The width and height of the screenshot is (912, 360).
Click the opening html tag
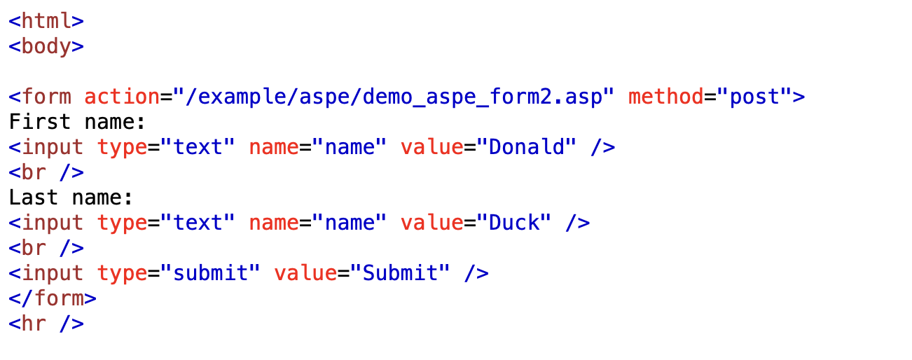[46, 21]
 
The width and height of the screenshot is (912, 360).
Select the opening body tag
[46, 46]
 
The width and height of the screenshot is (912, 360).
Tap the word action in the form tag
[122, 97]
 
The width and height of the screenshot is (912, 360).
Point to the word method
[666, 97]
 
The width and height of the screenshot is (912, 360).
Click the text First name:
[77, 122]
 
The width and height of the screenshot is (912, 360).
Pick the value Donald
[527, 146]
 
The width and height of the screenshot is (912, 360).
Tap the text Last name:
[71, 198]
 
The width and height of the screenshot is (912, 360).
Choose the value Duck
[514, 223]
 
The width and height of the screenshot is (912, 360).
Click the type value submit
[211, 273]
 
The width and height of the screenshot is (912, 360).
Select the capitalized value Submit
[400, 273]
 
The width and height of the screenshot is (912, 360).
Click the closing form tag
[53, 298]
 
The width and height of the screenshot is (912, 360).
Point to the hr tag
[46, 324]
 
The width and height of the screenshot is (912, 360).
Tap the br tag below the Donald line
[46, 173]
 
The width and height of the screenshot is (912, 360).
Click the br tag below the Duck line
[46, 249]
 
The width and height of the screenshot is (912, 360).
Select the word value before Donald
[432, 146]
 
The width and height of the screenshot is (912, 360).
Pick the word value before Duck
[432, 223]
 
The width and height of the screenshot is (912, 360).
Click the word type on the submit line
[122, 274]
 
